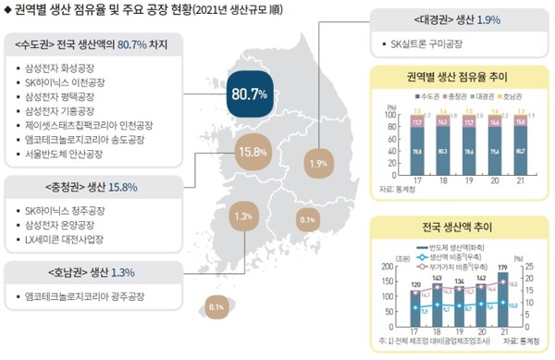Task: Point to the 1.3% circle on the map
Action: [x=243, y=217]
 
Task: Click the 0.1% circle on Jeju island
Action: [x=217, y=306]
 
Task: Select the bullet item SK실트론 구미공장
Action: [x=429, y=43]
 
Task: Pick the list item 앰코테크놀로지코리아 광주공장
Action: [x=86, y=297]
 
